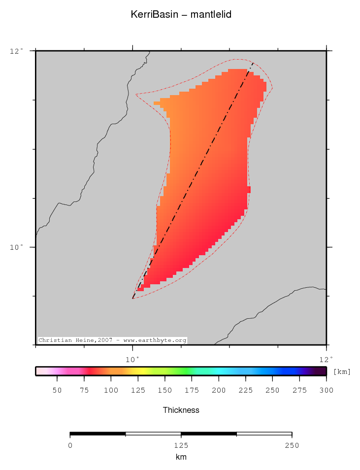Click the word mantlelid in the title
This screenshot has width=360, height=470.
pos(211,15)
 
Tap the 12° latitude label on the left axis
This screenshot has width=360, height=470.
pos(16,51)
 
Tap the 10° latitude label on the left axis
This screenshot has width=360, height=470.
pos(16,247)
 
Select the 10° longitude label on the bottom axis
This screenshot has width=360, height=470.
pos(133,359)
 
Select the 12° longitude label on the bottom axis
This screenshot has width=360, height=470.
pos(327,359)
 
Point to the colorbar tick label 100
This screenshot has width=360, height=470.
pos(111,391)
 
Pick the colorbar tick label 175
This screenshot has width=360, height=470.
pos(192,391)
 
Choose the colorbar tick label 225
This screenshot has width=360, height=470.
pos(246,391)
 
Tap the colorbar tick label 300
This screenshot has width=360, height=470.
pos(327,391)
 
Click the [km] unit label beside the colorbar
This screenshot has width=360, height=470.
pos(342,372)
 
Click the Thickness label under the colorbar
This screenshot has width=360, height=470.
pos(181,410)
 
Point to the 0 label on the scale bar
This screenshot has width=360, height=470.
pos(70,445)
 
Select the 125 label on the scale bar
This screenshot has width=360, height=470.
pos(181,445)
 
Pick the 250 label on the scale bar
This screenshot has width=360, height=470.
pos(292,445)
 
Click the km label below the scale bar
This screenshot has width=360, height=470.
pos(181,457)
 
